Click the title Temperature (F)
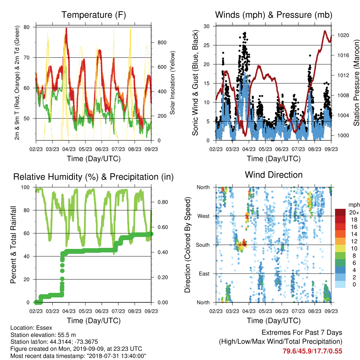coord(94,15)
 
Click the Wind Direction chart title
coord(274,175)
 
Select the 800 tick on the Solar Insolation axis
coord(162,43)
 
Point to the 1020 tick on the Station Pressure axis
coord(343,35)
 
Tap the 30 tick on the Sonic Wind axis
coord(207,26)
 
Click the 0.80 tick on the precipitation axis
coord(163,202)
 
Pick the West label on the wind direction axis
coord(204,216)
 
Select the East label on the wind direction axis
coord(204,274)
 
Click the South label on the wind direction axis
coord(203,245)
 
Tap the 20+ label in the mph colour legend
coord(354,212)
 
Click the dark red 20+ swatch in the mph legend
coord(340,212)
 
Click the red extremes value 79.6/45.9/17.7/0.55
coord(312,351)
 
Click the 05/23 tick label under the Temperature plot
coord(85,149)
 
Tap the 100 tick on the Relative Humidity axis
coord(25,187)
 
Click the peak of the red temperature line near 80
coord(66,28)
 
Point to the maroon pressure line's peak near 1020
coord(325,31)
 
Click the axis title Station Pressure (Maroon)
coord(356,83)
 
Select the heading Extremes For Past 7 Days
coord(302,333)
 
